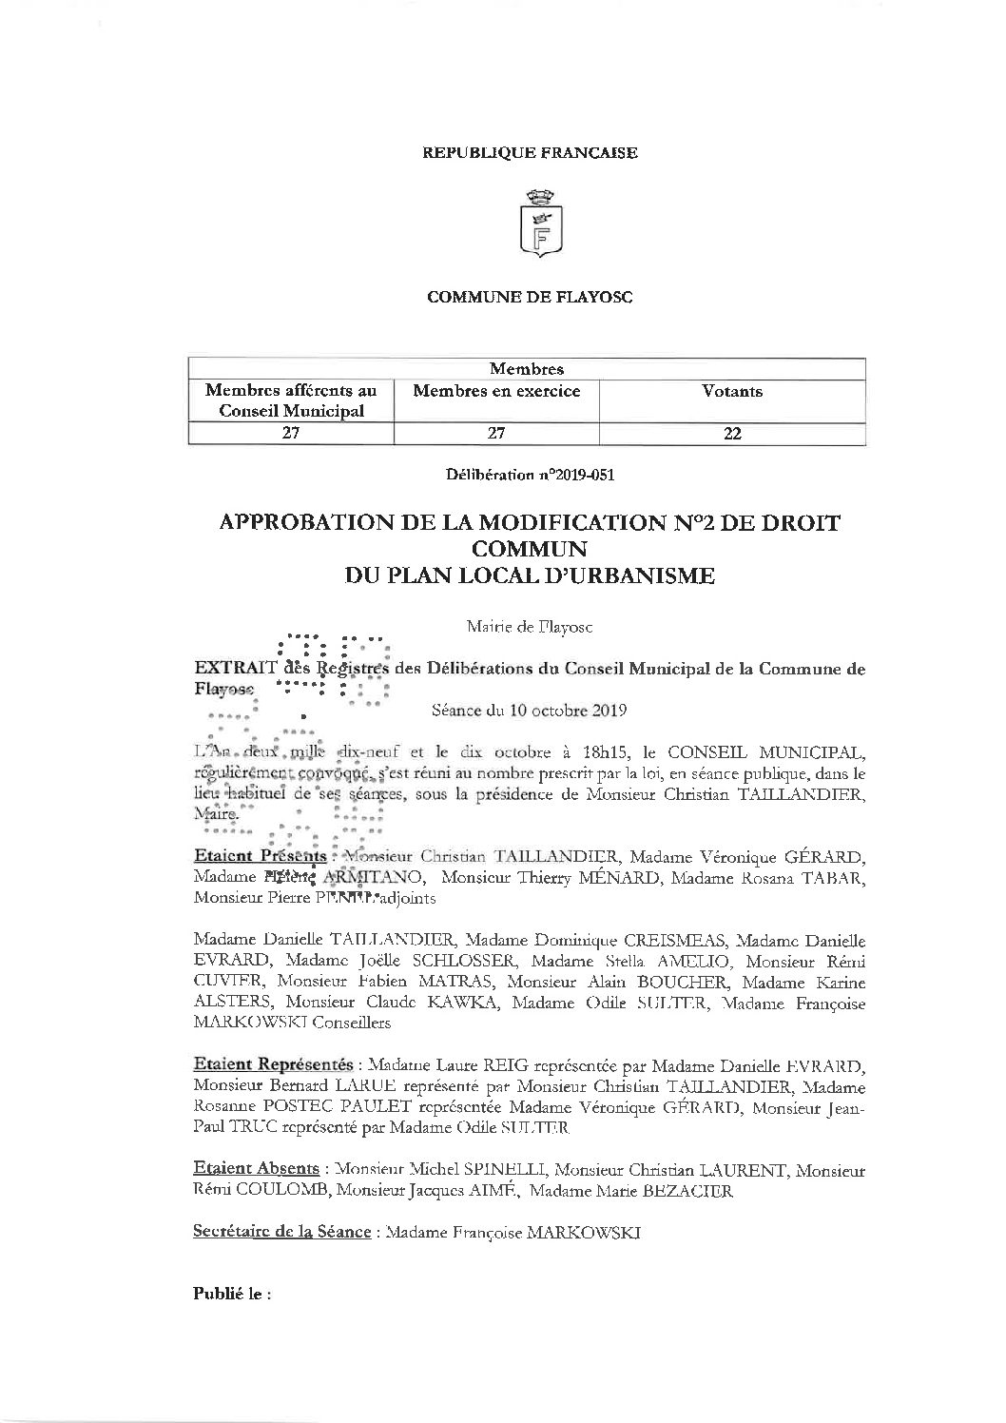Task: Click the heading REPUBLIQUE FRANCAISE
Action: click(530, 152)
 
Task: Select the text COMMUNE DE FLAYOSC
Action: click(530, 297)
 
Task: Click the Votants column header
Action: click(731, 391)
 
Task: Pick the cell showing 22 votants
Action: click(731, 434)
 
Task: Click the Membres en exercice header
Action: click(496, 391)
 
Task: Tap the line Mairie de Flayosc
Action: click(530, 627)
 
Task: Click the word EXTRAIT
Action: click(236, 669)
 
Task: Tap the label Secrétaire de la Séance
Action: click(281, 1232)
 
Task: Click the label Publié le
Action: click(232, 1295)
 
